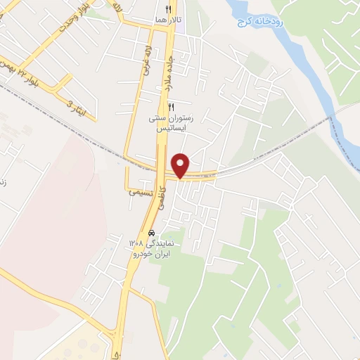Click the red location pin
click(x=181, y=165)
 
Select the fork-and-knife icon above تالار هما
click(x=168, y=8)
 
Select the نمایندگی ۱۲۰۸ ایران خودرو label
click(x=155, y=247)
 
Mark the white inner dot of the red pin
click(x=181, y=162)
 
